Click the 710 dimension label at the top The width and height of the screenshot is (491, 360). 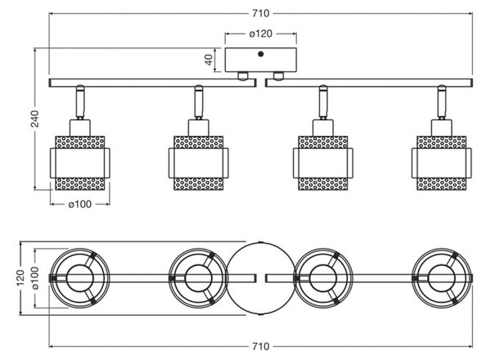tap(260, 13)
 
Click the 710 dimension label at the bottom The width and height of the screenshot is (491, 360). tap(260, 346)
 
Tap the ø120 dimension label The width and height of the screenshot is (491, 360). tap(260, 34)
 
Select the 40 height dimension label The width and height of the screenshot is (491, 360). tap(209, 60)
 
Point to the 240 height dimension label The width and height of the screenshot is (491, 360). tap(34, 119)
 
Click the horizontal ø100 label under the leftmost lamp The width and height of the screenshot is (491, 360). tap(80, 205)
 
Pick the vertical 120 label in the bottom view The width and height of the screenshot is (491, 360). tap(20, 277)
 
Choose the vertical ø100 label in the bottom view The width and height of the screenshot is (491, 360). tap(34, 278)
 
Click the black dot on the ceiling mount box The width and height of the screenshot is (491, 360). tap(260, 54)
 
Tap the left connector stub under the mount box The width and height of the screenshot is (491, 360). tap(243, 76)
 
